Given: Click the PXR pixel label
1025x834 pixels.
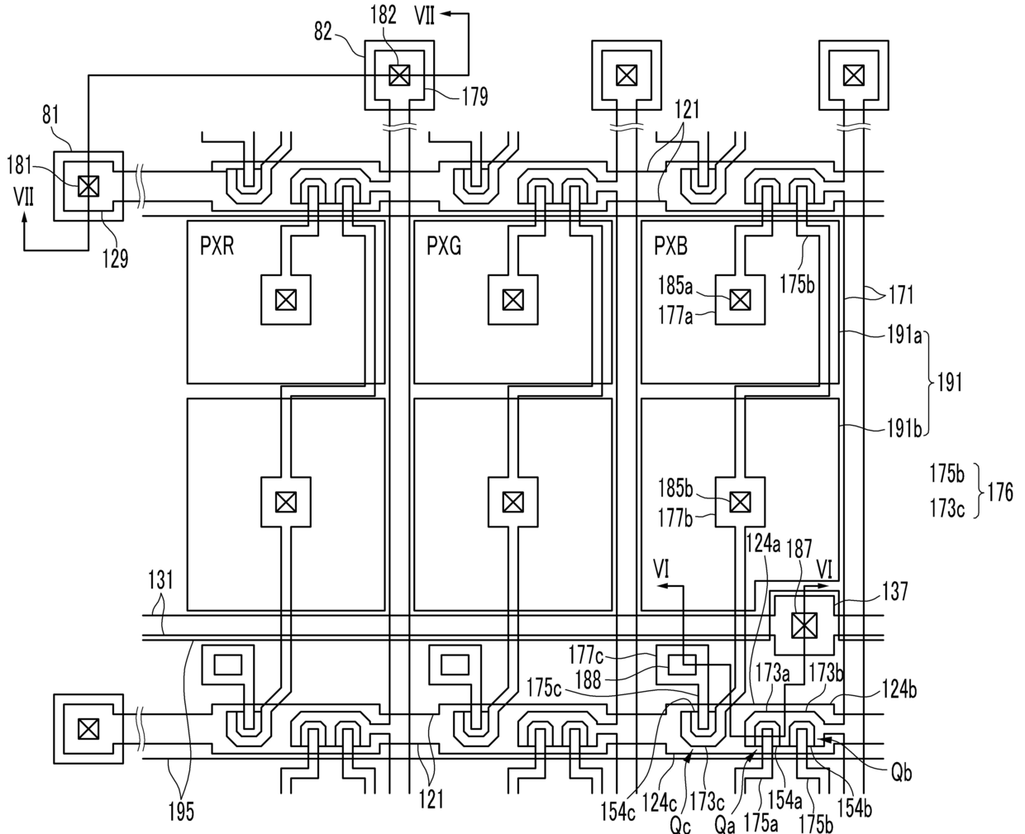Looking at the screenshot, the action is pyautogui.click(x=217, y=246).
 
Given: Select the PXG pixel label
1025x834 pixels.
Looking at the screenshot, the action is pyautogui.click(x=444, y=246).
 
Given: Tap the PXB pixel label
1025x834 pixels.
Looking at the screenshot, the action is pyautogui.click(x=671, y=246).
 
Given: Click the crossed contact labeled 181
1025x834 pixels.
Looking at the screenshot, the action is pyautogui.click(x=88, y=186).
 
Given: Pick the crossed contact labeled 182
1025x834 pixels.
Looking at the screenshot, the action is pyautogui.click(x=399, y=75).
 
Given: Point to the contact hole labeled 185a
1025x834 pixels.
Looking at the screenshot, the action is pyautogui.click(x=740, y=300).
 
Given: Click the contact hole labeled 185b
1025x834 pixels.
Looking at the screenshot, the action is pyautogui.click(x=740, y=503).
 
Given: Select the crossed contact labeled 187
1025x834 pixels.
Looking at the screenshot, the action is pyautogui.click(x=804, y=626).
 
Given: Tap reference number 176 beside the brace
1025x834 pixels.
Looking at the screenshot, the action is pyautogui.click(x=1000, y=493).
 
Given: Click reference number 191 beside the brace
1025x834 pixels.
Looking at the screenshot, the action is pyautogui.click(x=949, y=383).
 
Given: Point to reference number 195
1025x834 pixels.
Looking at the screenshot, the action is pyautogui.click(x=181, y=812).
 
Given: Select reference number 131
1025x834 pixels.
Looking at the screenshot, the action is pyautogui.click(x=160, y=580).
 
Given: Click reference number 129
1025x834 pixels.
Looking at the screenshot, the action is pyautogui.click(x=115, y=259).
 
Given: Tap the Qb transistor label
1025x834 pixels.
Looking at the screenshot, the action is pyautogui.click(x=901, y=774).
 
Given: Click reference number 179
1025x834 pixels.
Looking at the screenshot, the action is pyautogui.click(x=475, y=97).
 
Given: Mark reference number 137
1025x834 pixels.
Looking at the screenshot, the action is pyautogui.click(x=894, y=592).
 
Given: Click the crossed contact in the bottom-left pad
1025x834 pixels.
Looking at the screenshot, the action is pyautogui.click(x=88, y=729).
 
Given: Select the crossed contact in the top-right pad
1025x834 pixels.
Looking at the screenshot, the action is pyautogui.click(x=854, y=75).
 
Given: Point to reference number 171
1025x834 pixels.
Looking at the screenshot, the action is pyautogui.click(x=901, y=294).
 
